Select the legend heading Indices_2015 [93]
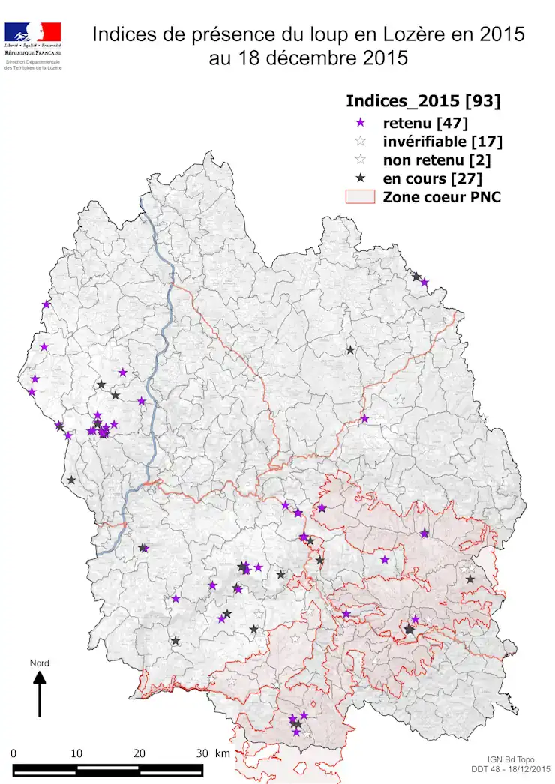pyautogui.click(x=422, y=101)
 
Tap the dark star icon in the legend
pyautogui.click(x=361, y=178)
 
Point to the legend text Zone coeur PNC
pyautogui.click(x=442, y=197)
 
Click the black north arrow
pyautogui.click(x=40, y=693)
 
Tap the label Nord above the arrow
pyautogui.click(x=39, y=663)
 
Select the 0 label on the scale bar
pyautogui.click(x=14, y=753)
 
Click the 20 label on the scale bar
pyautogui.click(x=139, y=753)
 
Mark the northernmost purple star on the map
pyautogui.click(x=424, y=283)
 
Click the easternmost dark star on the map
pyautogui.click(x=470, y=579)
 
